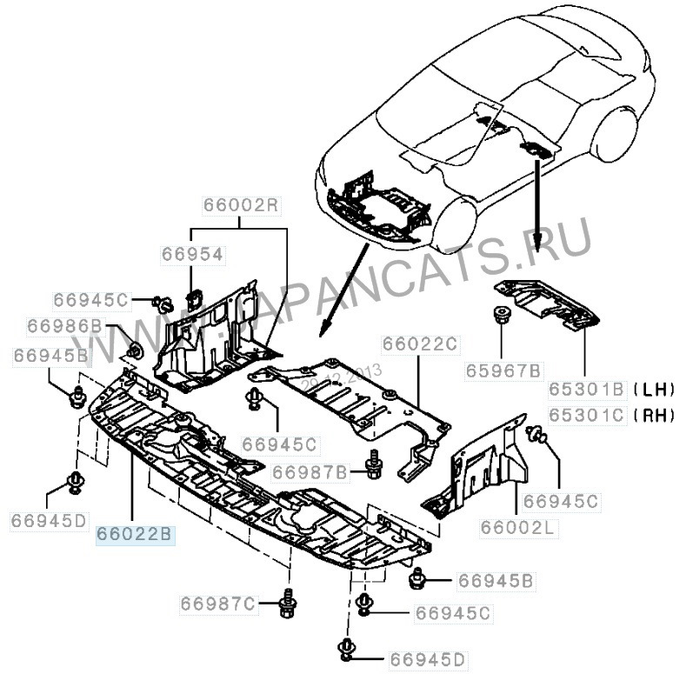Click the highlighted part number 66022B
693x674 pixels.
coord(135,533)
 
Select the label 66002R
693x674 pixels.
coord(240,206)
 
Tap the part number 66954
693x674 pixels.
coord(191,254)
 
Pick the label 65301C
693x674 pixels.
coord(586,415)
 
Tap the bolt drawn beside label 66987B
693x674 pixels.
coord(375,467)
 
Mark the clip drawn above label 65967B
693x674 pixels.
coord(502,316)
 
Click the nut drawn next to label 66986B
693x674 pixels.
coord(135,350)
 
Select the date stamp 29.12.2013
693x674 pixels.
coord(343,377)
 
